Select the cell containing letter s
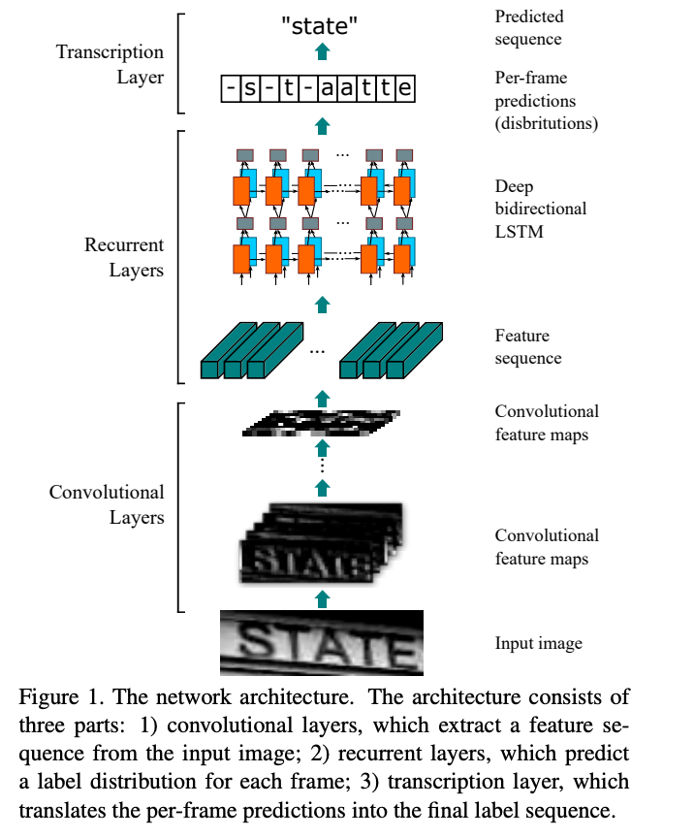tap(249, 90)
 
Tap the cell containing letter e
tap(404, 90)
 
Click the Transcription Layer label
tap(110, 64)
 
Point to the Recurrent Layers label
tap(123, 257)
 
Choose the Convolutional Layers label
tap(107, 504)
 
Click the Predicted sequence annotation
tap(528, 28)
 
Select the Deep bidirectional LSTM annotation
tap(540, 209)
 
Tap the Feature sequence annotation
tap(527, 347)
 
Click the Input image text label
tap(538, 643)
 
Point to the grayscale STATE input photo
tap(322, 643)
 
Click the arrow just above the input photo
tap(323, 598)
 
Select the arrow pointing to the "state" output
tap(323, 51)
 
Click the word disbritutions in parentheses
tap(547, 124)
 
